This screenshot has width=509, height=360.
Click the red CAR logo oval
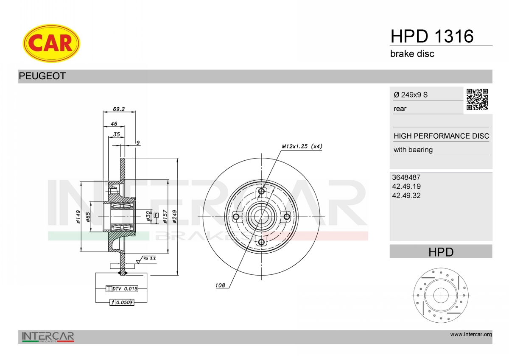click(x=51, y=43)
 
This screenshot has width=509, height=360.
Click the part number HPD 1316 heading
click(x=432, y=36)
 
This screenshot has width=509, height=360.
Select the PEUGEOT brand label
click(x=42, y=76)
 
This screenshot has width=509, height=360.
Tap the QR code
click(x=477, y=100)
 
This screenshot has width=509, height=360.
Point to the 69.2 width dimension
click(x=119, y=109)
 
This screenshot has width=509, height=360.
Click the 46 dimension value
click(x=114, y=123)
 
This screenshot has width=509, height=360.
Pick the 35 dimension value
click(x=117, y=134)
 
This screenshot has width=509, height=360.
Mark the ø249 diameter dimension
click(x=174, y=216)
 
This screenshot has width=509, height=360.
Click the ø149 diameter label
click(x=78, y=217)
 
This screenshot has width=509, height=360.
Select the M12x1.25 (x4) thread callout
click(x=302, y=146)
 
